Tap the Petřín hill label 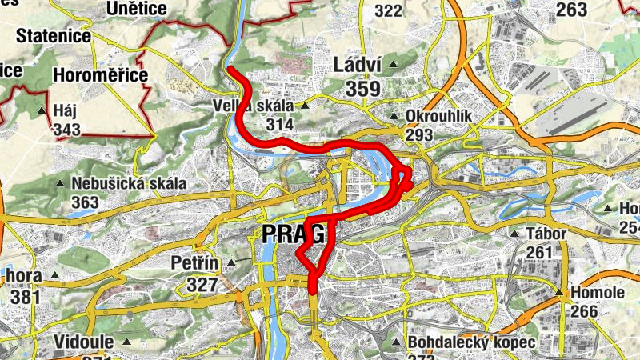pyautogui.click(x=194, y=262)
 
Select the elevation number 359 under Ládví pyautogui.click(x=363, y=90)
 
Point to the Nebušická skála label pyautogui.click(x=128, y=183)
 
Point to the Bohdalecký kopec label pyautogui.click(x=470, y=342)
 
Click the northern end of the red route pyautogui.click(x=230, y=70)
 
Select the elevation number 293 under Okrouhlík pyautogui.click(x=419, y=134)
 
